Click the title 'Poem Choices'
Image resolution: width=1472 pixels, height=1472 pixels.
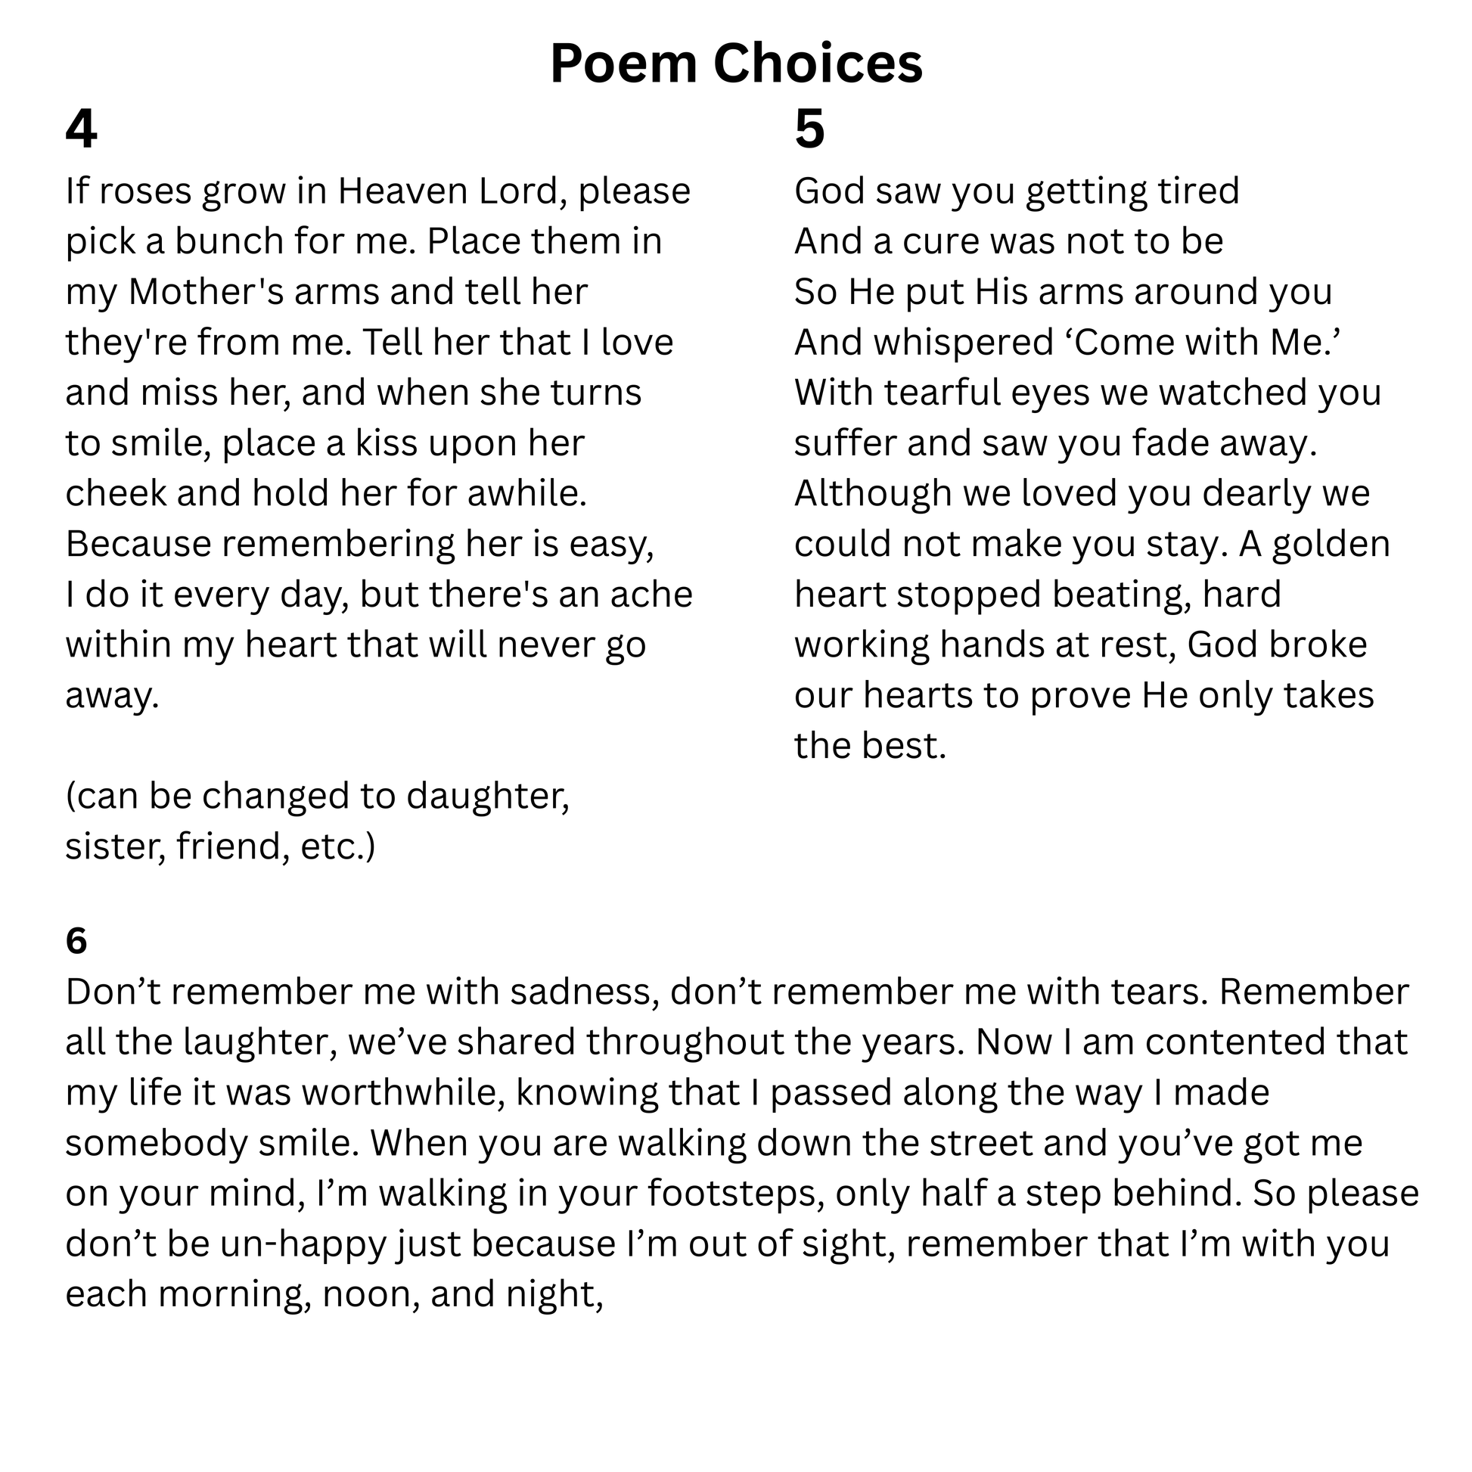(736, 64)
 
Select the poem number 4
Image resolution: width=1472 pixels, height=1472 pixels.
(81, 129)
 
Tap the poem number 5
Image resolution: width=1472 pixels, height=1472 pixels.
(809, 129)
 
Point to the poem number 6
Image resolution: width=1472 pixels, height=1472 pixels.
(76, 941)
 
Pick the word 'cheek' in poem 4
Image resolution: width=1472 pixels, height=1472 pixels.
(115, 493)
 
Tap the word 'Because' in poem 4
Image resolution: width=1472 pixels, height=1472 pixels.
(138, 544)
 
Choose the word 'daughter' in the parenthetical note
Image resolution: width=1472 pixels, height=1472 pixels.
(488, 797)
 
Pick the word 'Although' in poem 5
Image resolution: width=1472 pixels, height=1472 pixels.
(873, 493)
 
